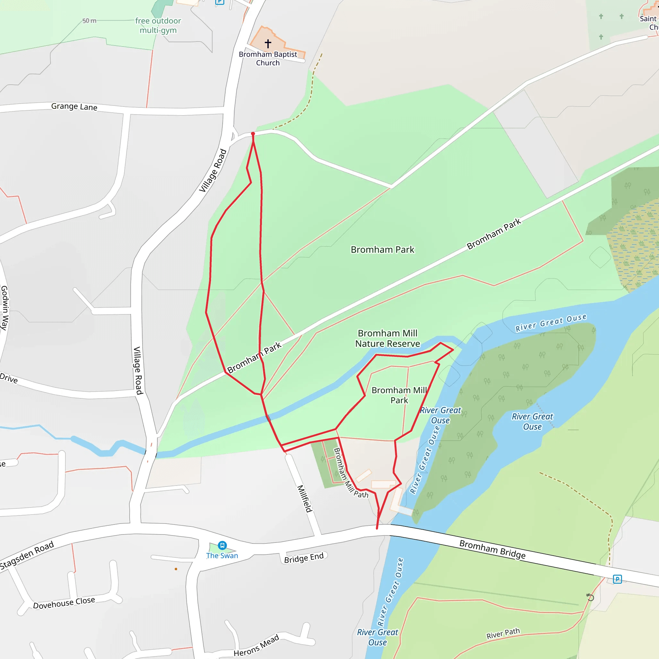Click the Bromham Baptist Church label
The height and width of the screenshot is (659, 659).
click(x=268, y=58)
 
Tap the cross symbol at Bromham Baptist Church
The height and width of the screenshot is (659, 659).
click(x=268, y=43)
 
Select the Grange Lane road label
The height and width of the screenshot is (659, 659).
click(x=74, y=107)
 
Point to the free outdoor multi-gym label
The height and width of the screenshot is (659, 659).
click(x=158, y=26)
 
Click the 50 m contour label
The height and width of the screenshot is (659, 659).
click(x=89, y=21)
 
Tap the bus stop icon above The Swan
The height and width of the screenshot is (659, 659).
click(x=222, y=545)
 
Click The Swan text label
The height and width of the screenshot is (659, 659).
click(x=222, y=556)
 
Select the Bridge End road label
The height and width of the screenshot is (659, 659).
click(x=303, y=558)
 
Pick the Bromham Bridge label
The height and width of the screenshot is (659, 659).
click(x=492, y=549)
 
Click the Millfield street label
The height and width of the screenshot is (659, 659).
click(x=305, y=499)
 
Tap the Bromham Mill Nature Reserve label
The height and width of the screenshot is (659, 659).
click(x=387, y=338)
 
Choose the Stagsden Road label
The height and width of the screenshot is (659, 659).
click(x=27, y=555)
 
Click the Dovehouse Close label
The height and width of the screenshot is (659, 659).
click(x=64, y=603)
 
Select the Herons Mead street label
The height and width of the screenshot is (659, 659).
click(x=256, y=645)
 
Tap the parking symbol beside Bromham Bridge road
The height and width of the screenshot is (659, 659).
click(x=617, y=579)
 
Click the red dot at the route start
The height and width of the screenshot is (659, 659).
click(x=253, y=134)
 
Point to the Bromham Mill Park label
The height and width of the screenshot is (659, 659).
click(x=399, y=395)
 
